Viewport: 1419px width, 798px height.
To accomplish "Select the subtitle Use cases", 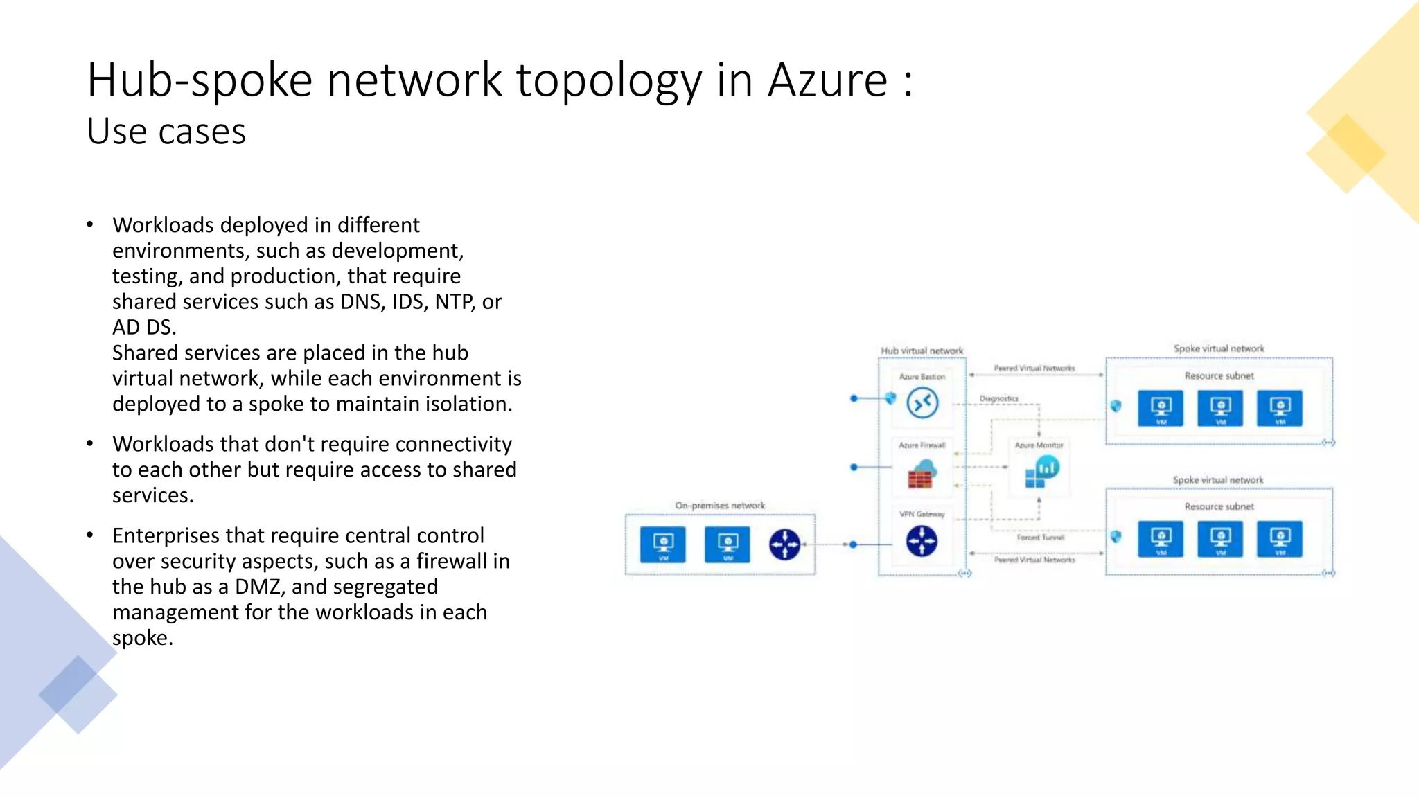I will tap(166, 132).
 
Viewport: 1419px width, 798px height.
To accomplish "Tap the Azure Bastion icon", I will tap(922, 403).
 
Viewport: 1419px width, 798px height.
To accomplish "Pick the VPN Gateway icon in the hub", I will tap(922, 541).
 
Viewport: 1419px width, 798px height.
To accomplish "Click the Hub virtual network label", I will tap(922, 351).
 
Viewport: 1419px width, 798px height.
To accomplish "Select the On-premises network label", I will tap(720, 506).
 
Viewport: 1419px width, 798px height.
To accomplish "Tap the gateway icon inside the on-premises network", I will tap(784, 544).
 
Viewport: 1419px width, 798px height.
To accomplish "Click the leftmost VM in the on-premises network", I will tap(663, 544).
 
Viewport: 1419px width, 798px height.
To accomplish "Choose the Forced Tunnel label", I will tap(1040, 538).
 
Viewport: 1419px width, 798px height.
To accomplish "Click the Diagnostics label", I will tap(998, 399).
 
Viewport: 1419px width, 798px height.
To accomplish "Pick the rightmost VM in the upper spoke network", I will tap(1280, 408).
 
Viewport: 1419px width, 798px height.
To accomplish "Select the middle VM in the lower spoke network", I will tap(1220, 539).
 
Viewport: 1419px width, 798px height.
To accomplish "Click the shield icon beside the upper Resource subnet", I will tap(1116, 406).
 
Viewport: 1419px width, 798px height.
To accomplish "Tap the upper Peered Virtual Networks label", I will tap(1034, 369).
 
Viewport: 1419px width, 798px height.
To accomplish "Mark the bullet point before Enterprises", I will tap(90, 535).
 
